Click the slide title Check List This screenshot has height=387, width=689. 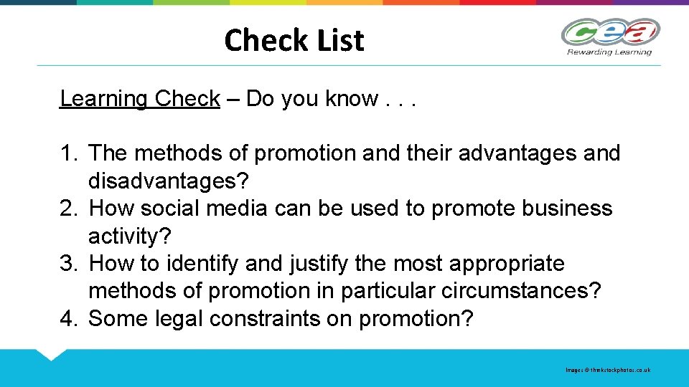coord(294,40)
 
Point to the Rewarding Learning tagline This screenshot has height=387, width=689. coord(609,52)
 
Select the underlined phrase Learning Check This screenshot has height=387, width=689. coord(139,99)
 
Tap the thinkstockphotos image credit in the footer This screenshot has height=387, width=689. coord(608,370)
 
